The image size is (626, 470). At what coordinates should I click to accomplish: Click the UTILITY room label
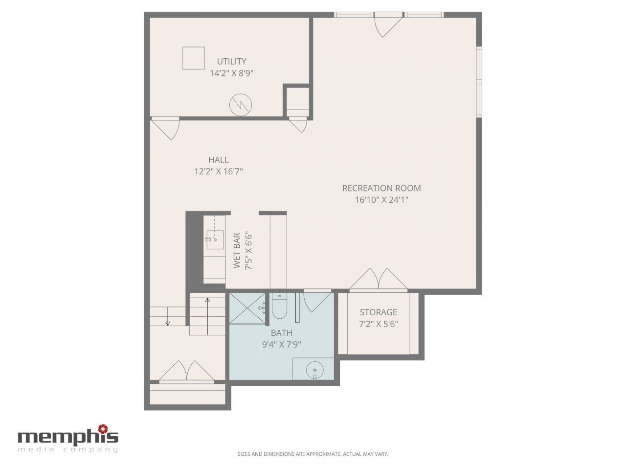point(231,61)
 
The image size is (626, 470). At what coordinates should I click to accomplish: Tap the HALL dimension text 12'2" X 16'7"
point(219,171)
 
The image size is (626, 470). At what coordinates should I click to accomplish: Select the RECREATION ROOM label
point(381,188)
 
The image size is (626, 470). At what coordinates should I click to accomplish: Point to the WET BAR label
point(237,251)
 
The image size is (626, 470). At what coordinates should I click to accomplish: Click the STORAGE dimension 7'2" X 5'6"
point(378,324)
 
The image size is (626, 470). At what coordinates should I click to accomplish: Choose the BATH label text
point(281,333)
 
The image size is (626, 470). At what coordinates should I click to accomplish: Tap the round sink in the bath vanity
point(314,371)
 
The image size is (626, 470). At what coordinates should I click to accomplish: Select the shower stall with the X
point(247,308)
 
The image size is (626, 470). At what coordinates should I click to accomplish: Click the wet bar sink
point(215,240)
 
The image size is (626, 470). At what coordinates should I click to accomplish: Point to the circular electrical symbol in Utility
point(241,105)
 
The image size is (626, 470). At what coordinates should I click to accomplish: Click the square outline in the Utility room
point(193,58)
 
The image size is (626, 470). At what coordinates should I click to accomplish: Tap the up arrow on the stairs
point(207,316)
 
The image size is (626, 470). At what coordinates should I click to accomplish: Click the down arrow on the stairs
point(168,316)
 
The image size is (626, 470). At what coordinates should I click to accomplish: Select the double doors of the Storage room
point(378,280)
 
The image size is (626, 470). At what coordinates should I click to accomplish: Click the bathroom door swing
point(317,302)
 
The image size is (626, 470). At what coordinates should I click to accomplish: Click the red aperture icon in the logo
point(103,429)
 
